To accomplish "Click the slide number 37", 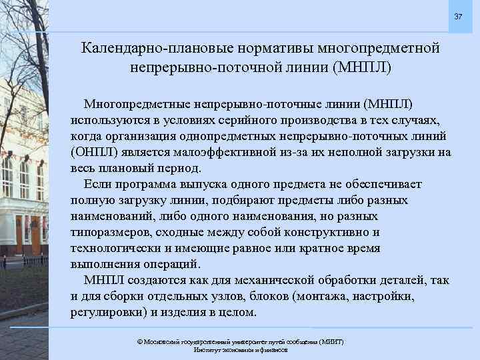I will coord(458,16).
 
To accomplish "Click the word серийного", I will coord(240,120).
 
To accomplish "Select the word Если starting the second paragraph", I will coord(97,184).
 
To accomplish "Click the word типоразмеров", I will coord(110,232).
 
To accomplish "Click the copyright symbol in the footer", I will coord(139,341).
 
